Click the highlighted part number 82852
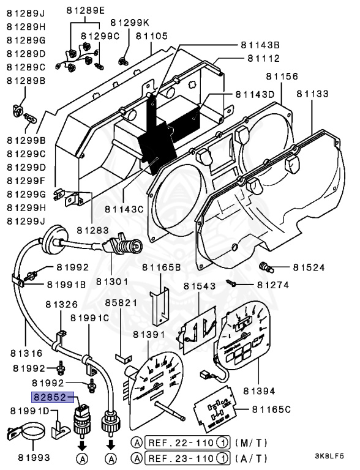point(53,397)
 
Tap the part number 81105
point(151,37)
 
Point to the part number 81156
point(281,76)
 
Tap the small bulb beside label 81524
point(267,266)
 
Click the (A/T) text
point(247,457)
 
